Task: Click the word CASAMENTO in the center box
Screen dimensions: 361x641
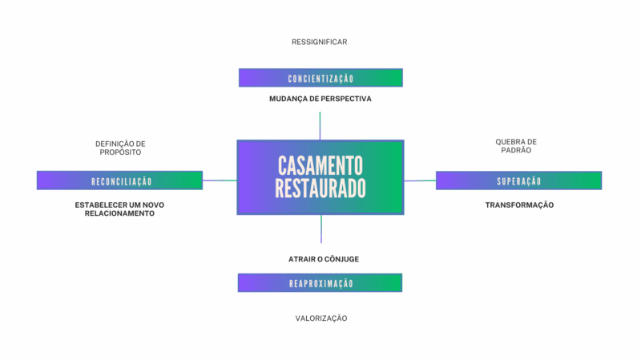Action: pyautogui.click(x=320, y=166)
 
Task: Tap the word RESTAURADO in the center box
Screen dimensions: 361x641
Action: pyautogui.click(x=320, y=189)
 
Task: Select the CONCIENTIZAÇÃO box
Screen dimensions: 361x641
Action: pyautogui.click(x=320, y=78)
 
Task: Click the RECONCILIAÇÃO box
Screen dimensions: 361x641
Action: pyautogui.click(x=120, y=180)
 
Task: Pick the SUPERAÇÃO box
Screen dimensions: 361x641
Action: pyautogui.click(x=518, y=180)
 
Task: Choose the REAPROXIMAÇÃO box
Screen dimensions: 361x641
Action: pyautogui.click(x=320, y=282)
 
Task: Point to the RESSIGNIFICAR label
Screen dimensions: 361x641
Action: pyautogui.click(x=320, y=42)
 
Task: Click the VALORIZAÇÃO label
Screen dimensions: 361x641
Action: pyautogui.click(x=320, y=318)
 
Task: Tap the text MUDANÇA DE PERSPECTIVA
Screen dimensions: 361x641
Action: pyautogui.click(x=320, y=99)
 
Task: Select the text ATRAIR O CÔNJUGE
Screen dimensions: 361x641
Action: pyautogui.click(x=320, y=259)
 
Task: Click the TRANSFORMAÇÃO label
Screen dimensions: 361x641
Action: pyautogui.click(x=519, y=205)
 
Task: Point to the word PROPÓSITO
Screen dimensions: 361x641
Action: pyautogui.click(x=119, y=152)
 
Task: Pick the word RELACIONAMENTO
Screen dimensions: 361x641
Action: pyautogui.click(x=119, y=214)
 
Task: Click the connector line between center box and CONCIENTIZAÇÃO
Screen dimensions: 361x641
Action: pyautogui.click(x=320, y=126)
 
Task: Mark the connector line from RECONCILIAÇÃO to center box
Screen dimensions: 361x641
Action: pyautogui.click(x=220, y=180)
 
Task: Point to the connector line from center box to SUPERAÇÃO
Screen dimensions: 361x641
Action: pyautogui.click(x=420, y=180)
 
